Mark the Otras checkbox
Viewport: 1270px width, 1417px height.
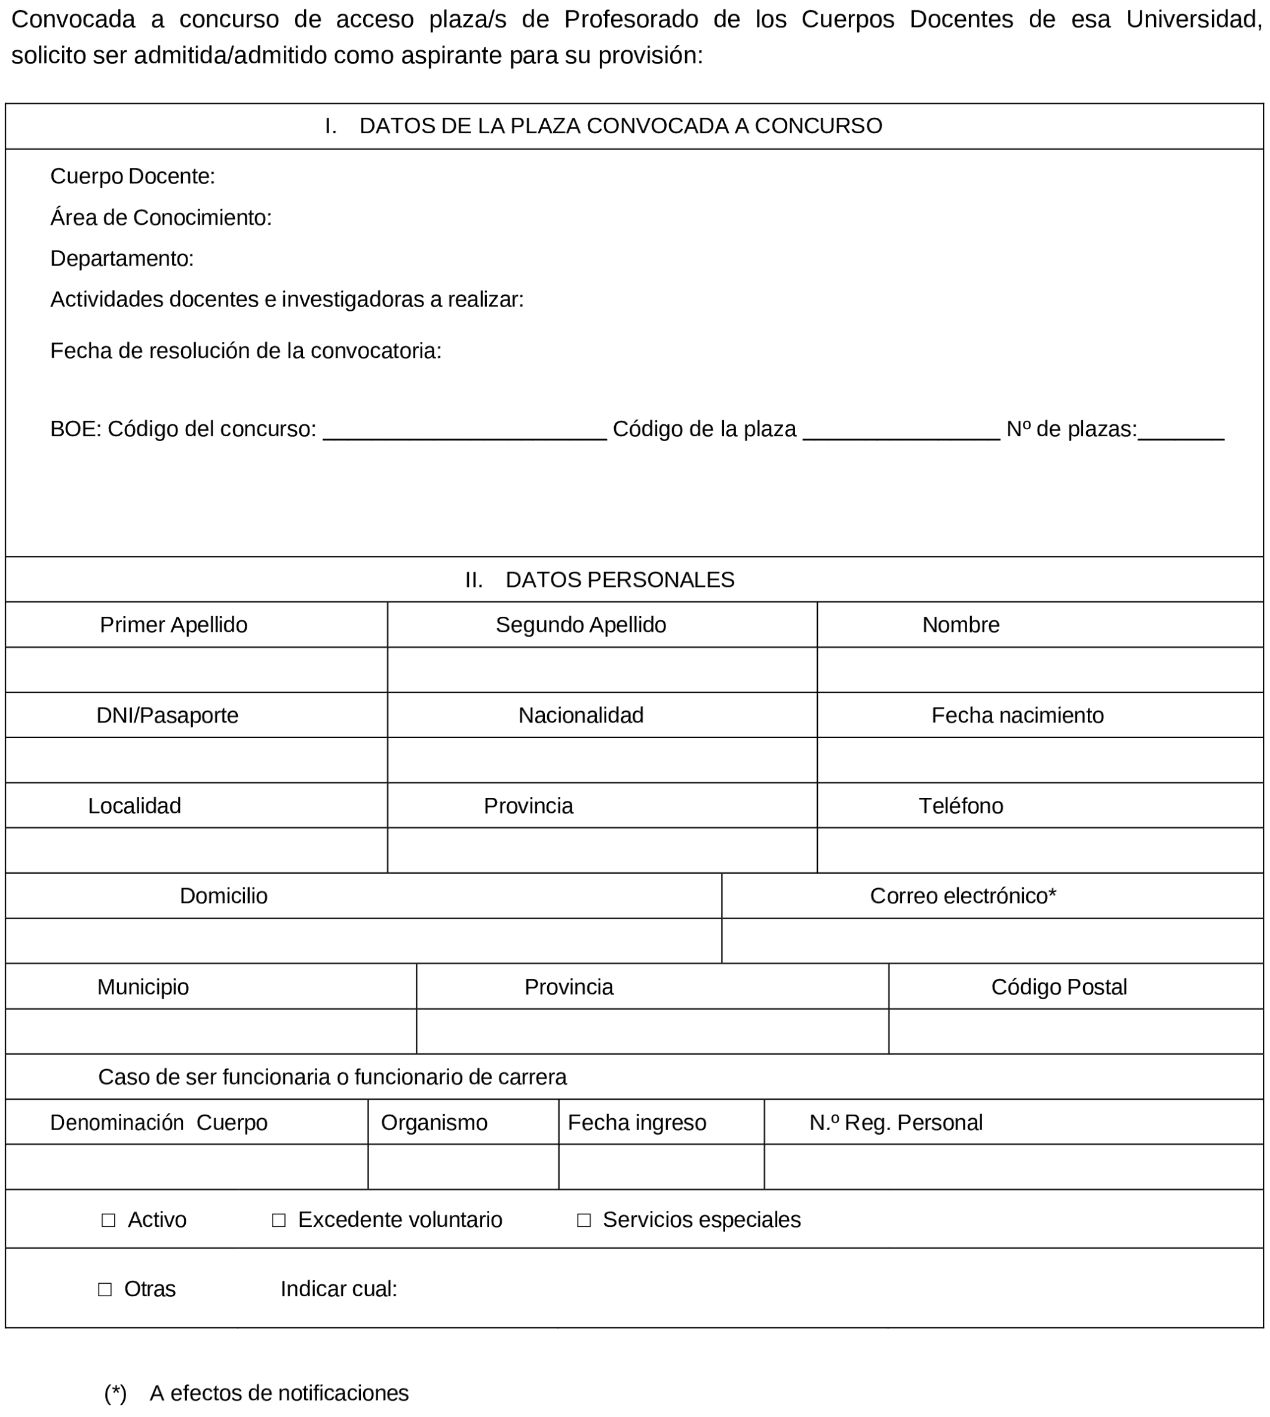tap(105, 1289)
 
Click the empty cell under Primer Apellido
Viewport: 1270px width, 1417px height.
tap(196, 669)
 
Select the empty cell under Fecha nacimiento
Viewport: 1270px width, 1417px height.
tap(1040, 760)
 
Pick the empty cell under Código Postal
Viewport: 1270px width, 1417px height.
tap(1075, 1031)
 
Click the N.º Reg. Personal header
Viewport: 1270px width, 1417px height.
tap(895, 1122)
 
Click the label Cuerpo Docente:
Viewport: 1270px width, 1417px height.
tap(133, 176)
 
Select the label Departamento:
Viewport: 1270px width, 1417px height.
tap(122, 258)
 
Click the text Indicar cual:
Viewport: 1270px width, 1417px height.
tap(339, 1289)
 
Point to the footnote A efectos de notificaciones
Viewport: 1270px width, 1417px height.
tap(279, 1392)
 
